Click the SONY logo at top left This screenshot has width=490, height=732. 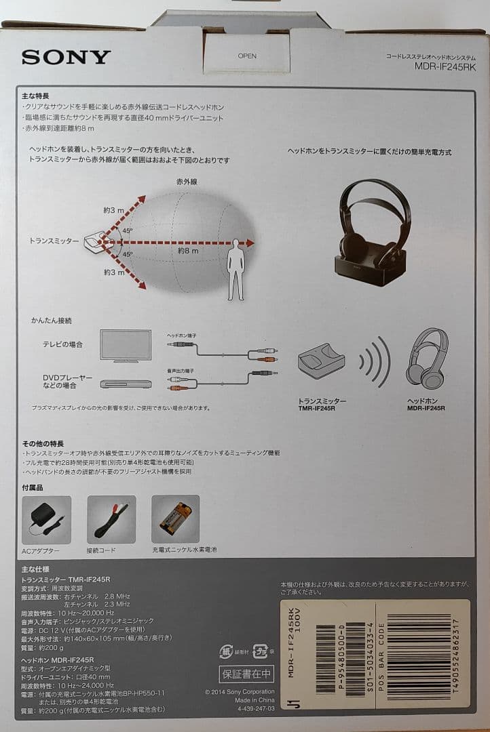click(x=66, y=57)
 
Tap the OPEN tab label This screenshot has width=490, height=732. click(x=247, y=56)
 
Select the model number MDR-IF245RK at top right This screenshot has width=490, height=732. click(x=442, y=66)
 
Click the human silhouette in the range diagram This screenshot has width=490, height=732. click(x=235, y=269)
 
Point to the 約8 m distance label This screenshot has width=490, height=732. click(x=187, y=251)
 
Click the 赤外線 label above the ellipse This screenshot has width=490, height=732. click(x=187, y=182)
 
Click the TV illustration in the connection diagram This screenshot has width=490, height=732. click(x=126, y=344)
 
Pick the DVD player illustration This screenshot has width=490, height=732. click(x=126, y=384)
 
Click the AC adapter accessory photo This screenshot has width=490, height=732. click(x=46, y=519)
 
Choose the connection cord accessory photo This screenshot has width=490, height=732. click(x=111, y=519)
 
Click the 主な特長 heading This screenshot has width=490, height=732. click(x=35, y=96)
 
